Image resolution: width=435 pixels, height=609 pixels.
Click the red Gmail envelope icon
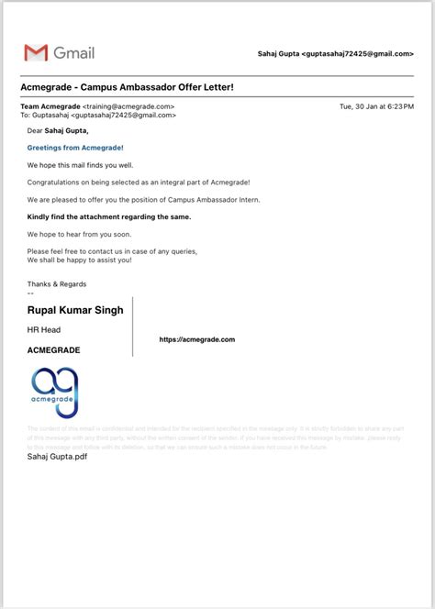[x=36, y=53]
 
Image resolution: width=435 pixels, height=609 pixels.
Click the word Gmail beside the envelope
[x=74, y=53]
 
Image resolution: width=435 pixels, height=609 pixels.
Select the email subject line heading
[x=127, y=88]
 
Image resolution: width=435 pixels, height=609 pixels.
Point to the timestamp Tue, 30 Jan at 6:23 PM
[x=376, y=106]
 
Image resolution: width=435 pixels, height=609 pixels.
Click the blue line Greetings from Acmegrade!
[x=75, y=147]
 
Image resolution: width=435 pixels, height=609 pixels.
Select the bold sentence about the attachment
[x=109, y=216]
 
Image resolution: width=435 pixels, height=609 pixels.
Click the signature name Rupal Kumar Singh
[x=75, y=310]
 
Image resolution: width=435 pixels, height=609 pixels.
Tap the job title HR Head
[x=44, y=329]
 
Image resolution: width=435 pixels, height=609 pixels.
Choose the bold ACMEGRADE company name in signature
[x=54, y=349]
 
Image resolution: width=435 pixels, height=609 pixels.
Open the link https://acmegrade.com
[x=197, y=339]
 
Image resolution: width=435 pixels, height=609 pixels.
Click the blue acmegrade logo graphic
[x=55, y=393]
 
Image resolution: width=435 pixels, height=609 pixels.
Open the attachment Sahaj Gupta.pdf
[x=58, y=456]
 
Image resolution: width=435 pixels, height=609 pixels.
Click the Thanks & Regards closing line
[x=57, y=284]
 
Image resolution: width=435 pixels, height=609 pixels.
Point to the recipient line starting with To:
[x=97, y=116]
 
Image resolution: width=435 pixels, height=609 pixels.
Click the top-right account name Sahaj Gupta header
[x=336, y=54]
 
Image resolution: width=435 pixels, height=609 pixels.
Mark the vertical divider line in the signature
[x=133, y=326]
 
